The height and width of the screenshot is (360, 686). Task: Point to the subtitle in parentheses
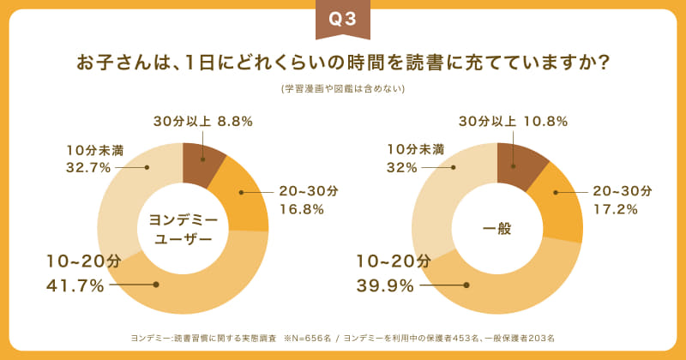tap(343, 88)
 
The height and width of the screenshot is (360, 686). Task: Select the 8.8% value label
tap(235, 122)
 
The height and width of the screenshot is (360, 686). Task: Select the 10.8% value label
tap(545, 122)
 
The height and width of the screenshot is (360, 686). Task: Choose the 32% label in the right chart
tap(399, 166)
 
